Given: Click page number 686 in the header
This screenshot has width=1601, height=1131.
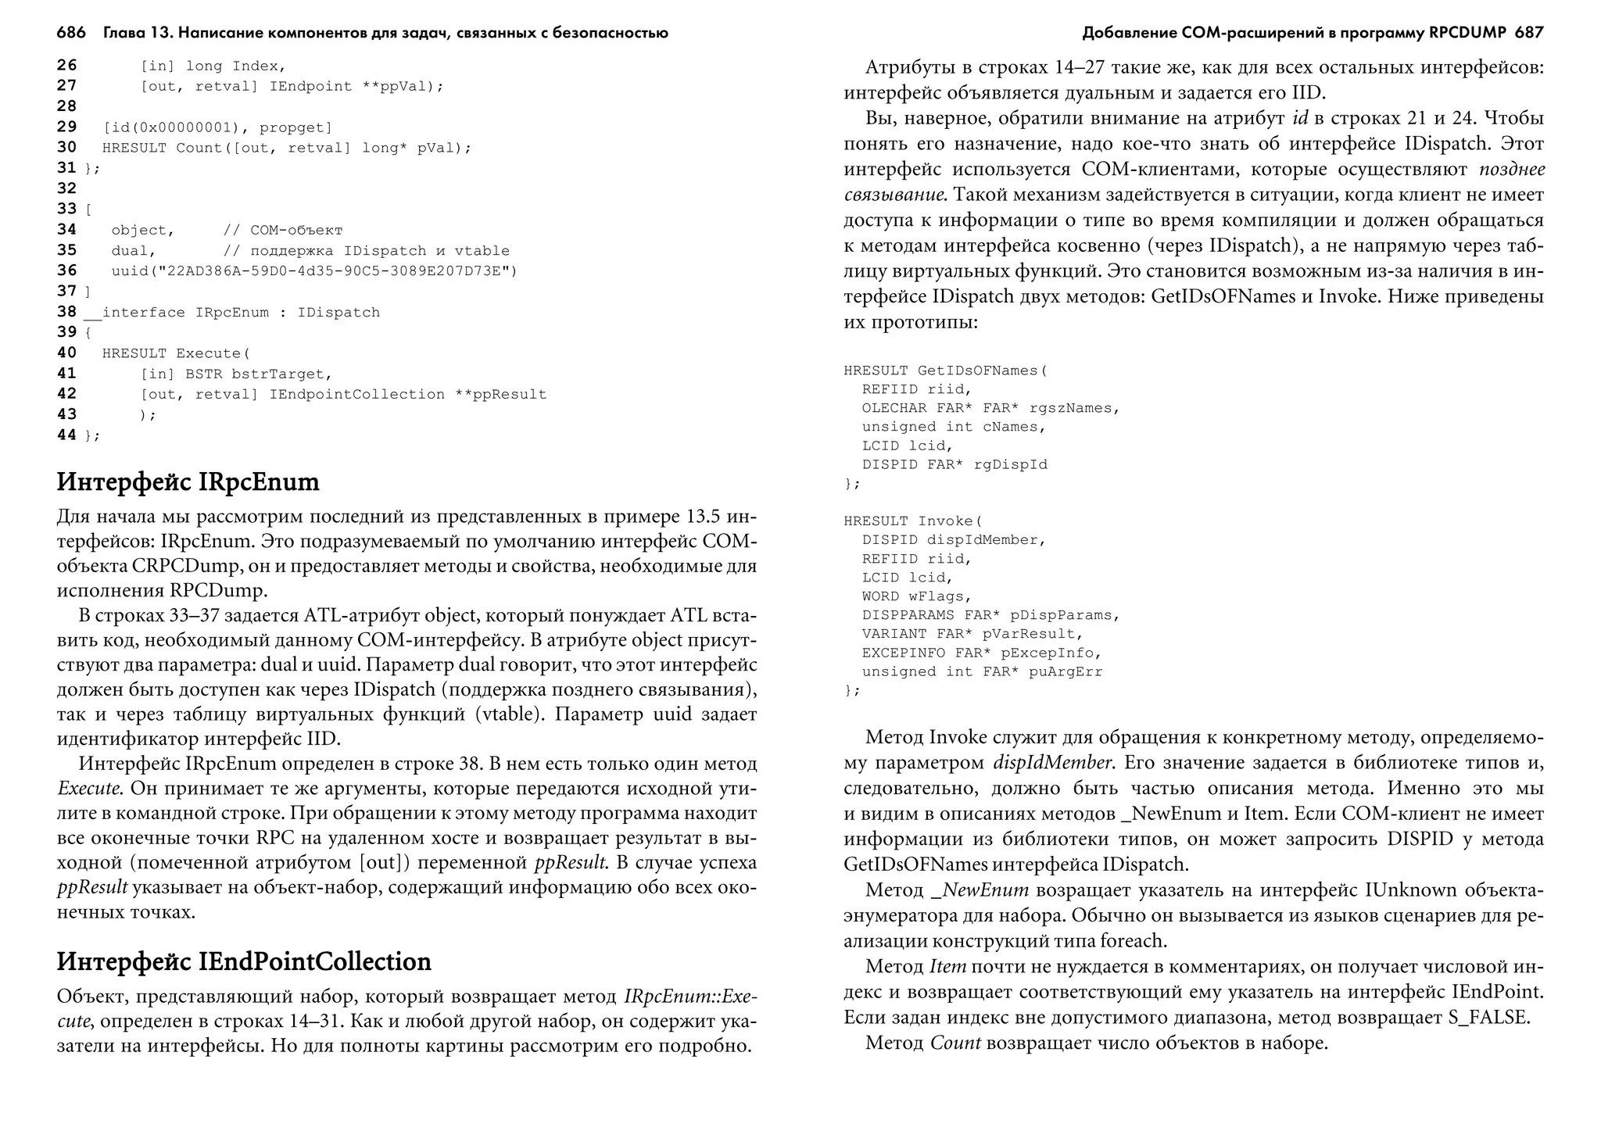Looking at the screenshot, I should click(71, 33).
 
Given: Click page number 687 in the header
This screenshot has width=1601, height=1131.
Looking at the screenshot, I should click(1528, 33).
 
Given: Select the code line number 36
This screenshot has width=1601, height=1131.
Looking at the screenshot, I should click(67, 270).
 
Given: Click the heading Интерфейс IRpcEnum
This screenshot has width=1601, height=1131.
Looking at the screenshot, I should click(188, 481).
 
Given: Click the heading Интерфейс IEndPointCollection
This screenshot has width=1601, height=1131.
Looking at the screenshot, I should click(244, 961).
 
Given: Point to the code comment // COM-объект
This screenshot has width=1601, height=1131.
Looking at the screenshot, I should click(283, 231).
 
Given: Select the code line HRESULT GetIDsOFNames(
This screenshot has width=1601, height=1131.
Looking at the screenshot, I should click(945, 370).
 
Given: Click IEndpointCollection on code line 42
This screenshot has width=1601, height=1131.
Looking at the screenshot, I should click(357, 395).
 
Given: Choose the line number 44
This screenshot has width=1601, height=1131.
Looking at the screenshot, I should click(67, 435).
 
